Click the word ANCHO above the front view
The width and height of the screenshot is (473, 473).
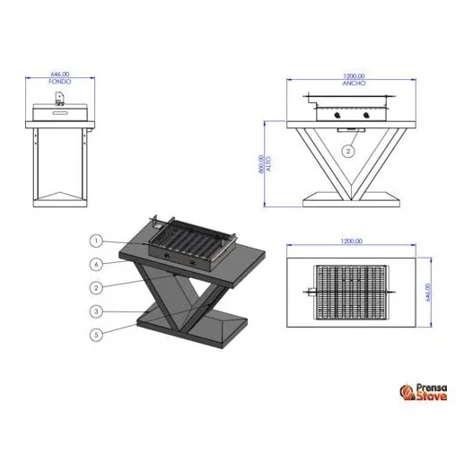pyautogui.click(x=353, y=82)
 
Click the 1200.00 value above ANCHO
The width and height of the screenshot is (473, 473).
pyautogui.click(x=353, y=74)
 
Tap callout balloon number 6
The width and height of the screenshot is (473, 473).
pyautogui.click(x=96, y=264)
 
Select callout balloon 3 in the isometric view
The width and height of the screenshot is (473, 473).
pyautogui.click(x=96, y=311)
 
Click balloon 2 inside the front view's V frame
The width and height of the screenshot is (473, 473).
pyautogui.click(x=347, y=153)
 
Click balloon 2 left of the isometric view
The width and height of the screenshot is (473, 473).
pyautogui.click(x=96, y=287)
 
